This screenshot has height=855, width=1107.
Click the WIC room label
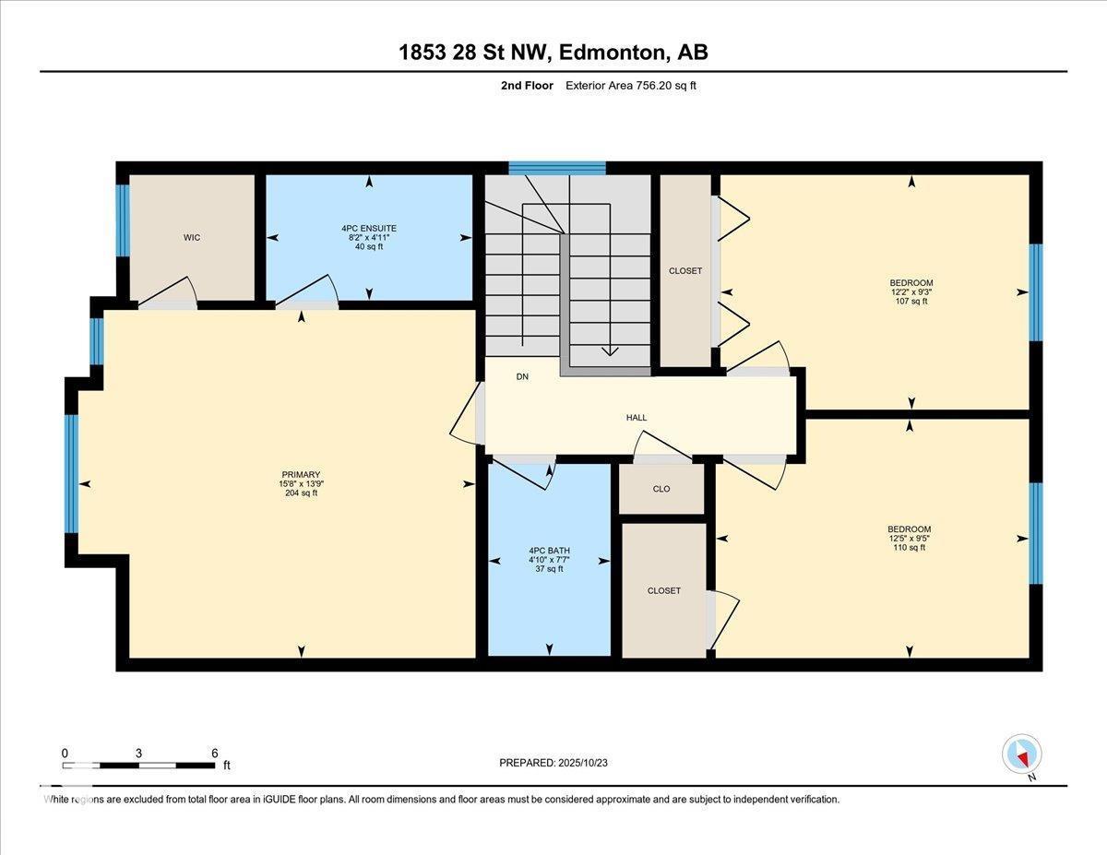pos(192,238)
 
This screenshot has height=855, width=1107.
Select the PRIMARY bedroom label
pos(301,475)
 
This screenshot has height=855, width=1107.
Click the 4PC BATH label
pos(549,551)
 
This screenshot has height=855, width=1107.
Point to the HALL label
pos(637,418)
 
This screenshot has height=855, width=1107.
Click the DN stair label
pos(522,376)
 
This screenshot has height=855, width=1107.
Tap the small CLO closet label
pos(661,489)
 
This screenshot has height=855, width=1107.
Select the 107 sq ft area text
pos(911,302)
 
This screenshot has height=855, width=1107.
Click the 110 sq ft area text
pos(910,548)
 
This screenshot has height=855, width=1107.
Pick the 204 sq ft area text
pos(301,493)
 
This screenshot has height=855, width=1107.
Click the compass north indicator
pos(1022,754)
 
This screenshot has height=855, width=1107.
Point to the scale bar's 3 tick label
pos(138,753)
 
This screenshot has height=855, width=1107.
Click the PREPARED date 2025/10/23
pos(553,763)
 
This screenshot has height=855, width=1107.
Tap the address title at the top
pos(553,53)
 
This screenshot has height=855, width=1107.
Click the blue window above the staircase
pos(556,168)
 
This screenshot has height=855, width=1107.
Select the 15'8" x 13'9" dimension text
pos(301,484)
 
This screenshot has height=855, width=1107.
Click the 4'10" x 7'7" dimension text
pos(549,560)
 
